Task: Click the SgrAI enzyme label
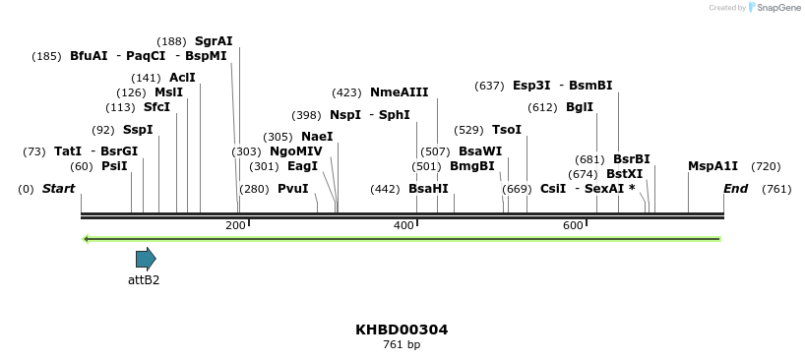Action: (214, 41)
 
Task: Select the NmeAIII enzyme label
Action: (399, 92)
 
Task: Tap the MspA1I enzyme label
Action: (712, 166)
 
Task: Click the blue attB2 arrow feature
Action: (146, 260)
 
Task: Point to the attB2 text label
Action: (144, 279)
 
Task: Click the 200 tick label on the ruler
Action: (235, 226)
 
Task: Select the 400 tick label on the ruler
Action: (403, 226)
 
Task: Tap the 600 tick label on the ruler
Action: (573, 226)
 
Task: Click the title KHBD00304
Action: (402, 330)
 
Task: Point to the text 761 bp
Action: (402, 345)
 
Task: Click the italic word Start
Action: (58, 189)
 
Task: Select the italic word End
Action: (735, 189)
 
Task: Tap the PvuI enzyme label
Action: (292, 189)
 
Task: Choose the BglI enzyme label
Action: (580, 107)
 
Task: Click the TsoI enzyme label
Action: (507, 130)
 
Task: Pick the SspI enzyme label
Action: (138, 130)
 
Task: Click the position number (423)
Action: (346, 92)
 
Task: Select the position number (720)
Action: (766, 166)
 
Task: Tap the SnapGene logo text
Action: (777, 8)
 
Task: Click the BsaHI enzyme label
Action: (428, 189)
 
